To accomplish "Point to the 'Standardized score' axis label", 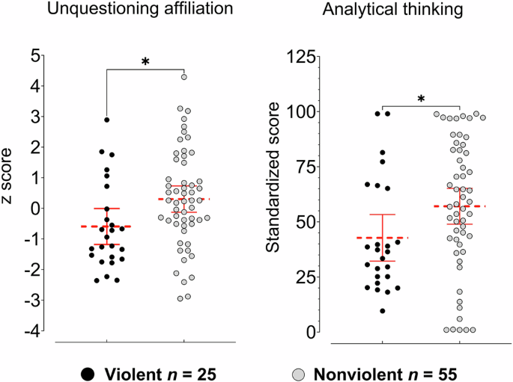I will tap(274, 194).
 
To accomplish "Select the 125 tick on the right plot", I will tap(301, 55).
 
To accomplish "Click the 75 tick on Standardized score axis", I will tap(305, 166).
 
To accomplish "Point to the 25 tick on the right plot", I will tap(305, 276).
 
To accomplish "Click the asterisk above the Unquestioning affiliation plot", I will tap(145, 61).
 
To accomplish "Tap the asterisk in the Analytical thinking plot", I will tap(421, 98).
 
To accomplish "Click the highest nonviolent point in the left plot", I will tap(183, 76).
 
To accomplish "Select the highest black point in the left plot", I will tap(107, 120).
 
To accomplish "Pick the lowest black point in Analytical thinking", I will tap(383, 311).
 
